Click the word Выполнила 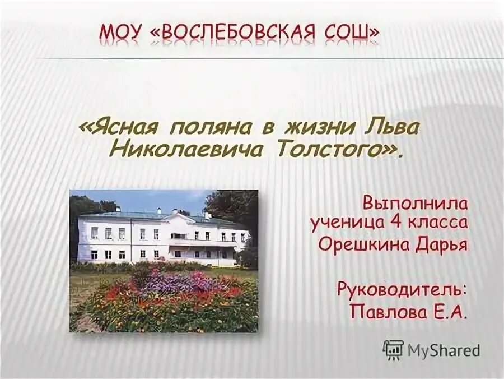(x=414, y=202)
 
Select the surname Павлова (x=381, y=312)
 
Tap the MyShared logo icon (x=393, y=350)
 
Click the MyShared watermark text (x=444, y=350)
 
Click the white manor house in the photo (x=162, y=235)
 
